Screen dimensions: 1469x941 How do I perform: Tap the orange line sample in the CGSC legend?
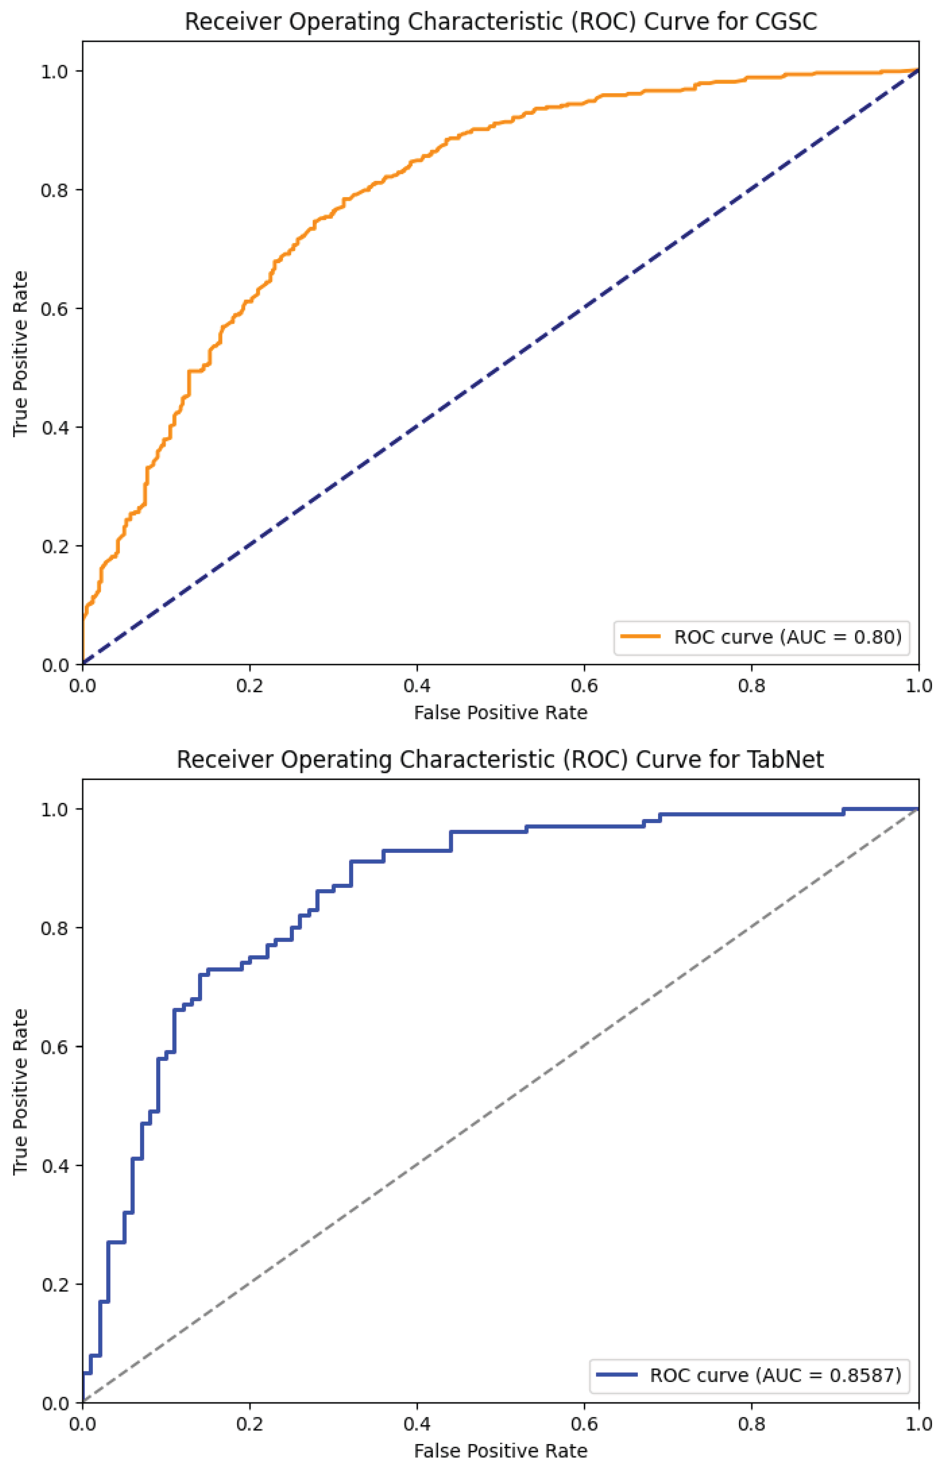tap(640, 637)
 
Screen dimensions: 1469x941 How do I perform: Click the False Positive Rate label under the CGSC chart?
tap(500, 712)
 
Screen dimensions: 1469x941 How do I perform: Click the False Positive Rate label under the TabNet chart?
tap(500, 1451)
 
